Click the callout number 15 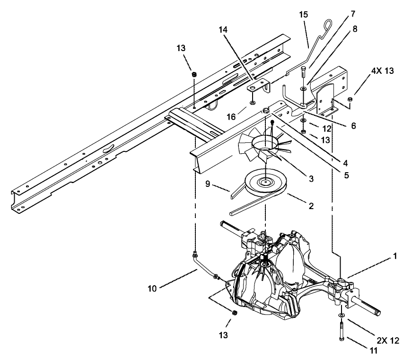tap(303, 15)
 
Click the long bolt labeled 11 tap(341, 330)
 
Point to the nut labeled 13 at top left tap(193, 74)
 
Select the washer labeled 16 tap(253, 102)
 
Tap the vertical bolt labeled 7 tap(303, 76)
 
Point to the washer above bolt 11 tap(341, 315)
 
